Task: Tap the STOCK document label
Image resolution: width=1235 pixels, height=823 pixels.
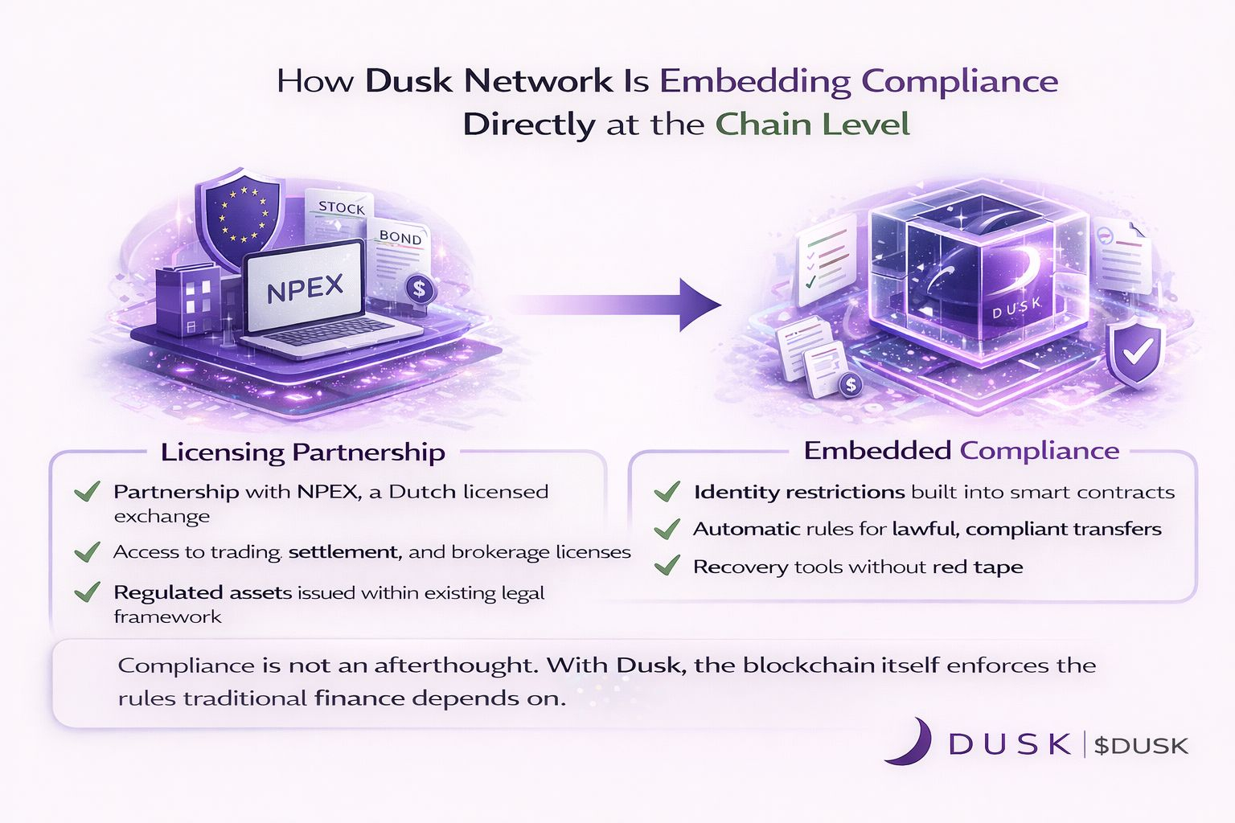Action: [341, 207]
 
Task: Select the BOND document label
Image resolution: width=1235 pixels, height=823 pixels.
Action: [400, 238]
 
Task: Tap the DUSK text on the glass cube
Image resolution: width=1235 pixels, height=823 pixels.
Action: [1016, 307]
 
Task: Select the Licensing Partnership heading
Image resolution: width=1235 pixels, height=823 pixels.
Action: [302, 452]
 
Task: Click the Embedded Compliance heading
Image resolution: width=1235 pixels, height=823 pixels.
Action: [961, 450]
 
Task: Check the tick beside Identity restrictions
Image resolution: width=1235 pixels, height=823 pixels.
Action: [667, 491]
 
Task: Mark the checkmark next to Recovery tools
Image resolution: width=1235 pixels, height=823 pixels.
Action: [667, 566]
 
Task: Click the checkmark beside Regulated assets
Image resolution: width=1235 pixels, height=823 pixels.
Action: [86, 592]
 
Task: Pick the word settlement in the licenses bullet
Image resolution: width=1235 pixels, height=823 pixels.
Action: [343, 552]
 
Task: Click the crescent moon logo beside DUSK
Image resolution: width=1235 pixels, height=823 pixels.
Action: [910, 741]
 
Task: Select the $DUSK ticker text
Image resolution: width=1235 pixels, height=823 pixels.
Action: [1141, 746]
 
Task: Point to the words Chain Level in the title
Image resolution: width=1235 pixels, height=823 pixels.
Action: [812, 125]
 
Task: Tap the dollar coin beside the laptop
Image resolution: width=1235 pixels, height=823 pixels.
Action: [419, 289]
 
